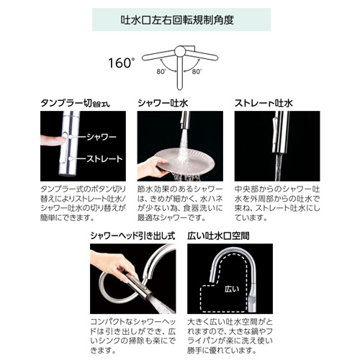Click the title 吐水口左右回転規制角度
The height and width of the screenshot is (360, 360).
pyautogui.click(x=177, y=20)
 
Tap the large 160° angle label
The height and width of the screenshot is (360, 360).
pyautogui.click(x=120, y=63)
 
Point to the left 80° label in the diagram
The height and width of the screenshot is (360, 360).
pyautogui.click(x=161, y=71)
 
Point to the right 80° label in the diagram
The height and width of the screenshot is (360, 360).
pyautogui.click(x=197, y=71)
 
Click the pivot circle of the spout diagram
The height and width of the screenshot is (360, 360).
pyautogui.click(x=180, y=51)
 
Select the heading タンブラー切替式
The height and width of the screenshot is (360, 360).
pyautogui.click(x=75, y=103)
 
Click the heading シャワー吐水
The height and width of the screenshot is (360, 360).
pyautogui.click(x=163, y=103)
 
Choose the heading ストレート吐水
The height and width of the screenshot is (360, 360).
pyautogui.click(x=264, y=103)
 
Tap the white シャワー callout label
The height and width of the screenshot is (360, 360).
pyautogui.click(x=102, y=138)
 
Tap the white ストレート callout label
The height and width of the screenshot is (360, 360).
pyautogui.click(x=104, y=158)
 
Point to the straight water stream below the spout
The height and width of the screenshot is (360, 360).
pyautogui.click(x=279, y=167)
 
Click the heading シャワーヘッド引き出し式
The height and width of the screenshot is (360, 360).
pyautogui.click(x=132, y=236)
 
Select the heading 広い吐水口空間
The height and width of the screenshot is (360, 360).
pyautogui.click(x=218, y=236)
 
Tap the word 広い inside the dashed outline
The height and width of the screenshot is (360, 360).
pyautogui.click(x=232, y=289)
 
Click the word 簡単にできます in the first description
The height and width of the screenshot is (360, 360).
pyautogui.click(x=67, y=218)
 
